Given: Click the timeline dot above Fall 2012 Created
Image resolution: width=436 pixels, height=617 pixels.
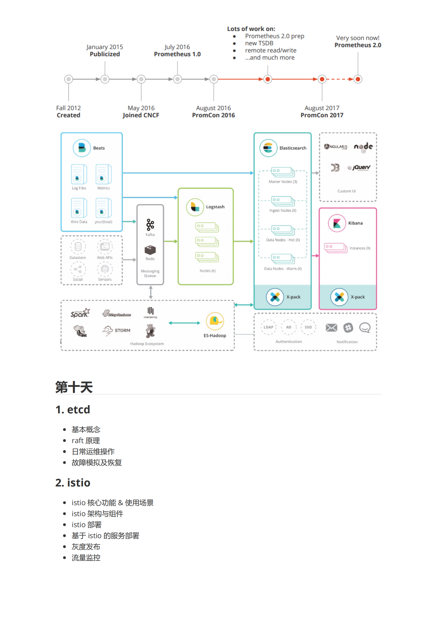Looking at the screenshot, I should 68,79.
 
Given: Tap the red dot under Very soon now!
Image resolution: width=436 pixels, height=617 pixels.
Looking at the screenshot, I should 358,79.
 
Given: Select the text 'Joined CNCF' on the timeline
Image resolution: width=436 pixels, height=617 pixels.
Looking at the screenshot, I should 141,115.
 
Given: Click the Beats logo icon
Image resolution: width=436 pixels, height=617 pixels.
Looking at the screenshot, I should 82,148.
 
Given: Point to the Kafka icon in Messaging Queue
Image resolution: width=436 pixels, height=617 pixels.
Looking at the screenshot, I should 150,225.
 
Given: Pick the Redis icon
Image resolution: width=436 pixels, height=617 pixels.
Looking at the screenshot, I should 150,250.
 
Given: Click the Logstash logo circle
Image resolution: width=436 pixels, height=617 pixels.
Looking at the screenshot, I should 195,207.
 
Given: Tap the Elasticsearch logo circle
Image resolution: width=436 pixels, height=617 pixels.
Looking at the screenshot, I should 268,148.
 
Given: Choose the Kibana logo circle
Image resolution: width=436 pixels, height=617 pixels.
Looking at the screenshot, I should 337,223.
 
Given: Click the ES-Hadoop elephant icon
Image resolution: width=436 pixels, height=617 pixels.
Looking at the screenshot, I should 215,321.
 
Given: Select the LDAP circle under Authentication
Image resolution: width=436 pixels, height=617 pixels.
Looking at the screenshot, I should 268,327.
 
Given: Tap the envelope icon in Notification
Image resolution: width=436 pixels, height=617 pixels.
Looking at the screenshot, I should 331,327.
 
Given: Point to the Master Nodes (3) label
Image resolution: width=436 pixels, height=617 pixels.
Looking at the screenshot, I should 283,182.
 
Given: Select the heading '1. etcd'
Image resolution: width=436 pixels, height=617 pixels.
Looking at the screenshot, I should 73,410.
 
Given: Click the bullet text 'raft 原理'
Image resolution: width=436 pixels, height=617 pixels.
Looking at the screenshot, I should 85,441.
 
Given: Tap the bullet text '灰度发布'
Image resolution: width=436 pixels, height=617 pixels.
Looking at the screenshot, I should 86,547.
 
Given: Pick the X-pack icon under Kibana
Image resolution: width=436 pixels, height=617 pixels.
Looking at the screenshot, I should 339,297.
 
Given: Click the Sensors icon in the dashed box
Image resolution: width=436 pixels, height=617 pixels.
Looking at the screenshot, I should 105,269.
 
